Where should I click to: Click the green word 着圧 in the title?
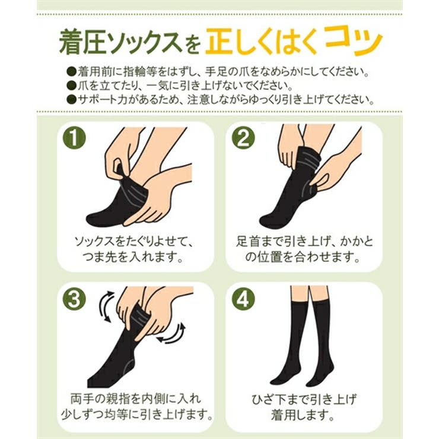80,42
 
